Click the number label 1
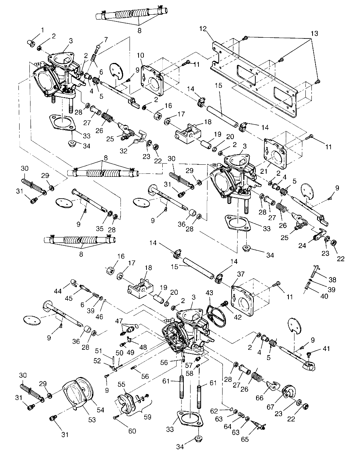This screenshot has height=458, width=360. tap(42, 29)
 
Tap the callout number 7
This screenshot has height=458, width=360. tap(106, 39)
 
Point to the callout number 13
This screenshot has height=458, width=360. tap(314, 34)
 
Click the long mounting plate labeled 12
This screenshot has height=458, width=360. tap(256, 75)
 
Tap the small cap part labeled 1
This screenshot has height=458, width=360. tap(32, 43)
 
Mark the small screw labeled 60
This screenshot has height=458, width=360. tap(114, 417)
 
